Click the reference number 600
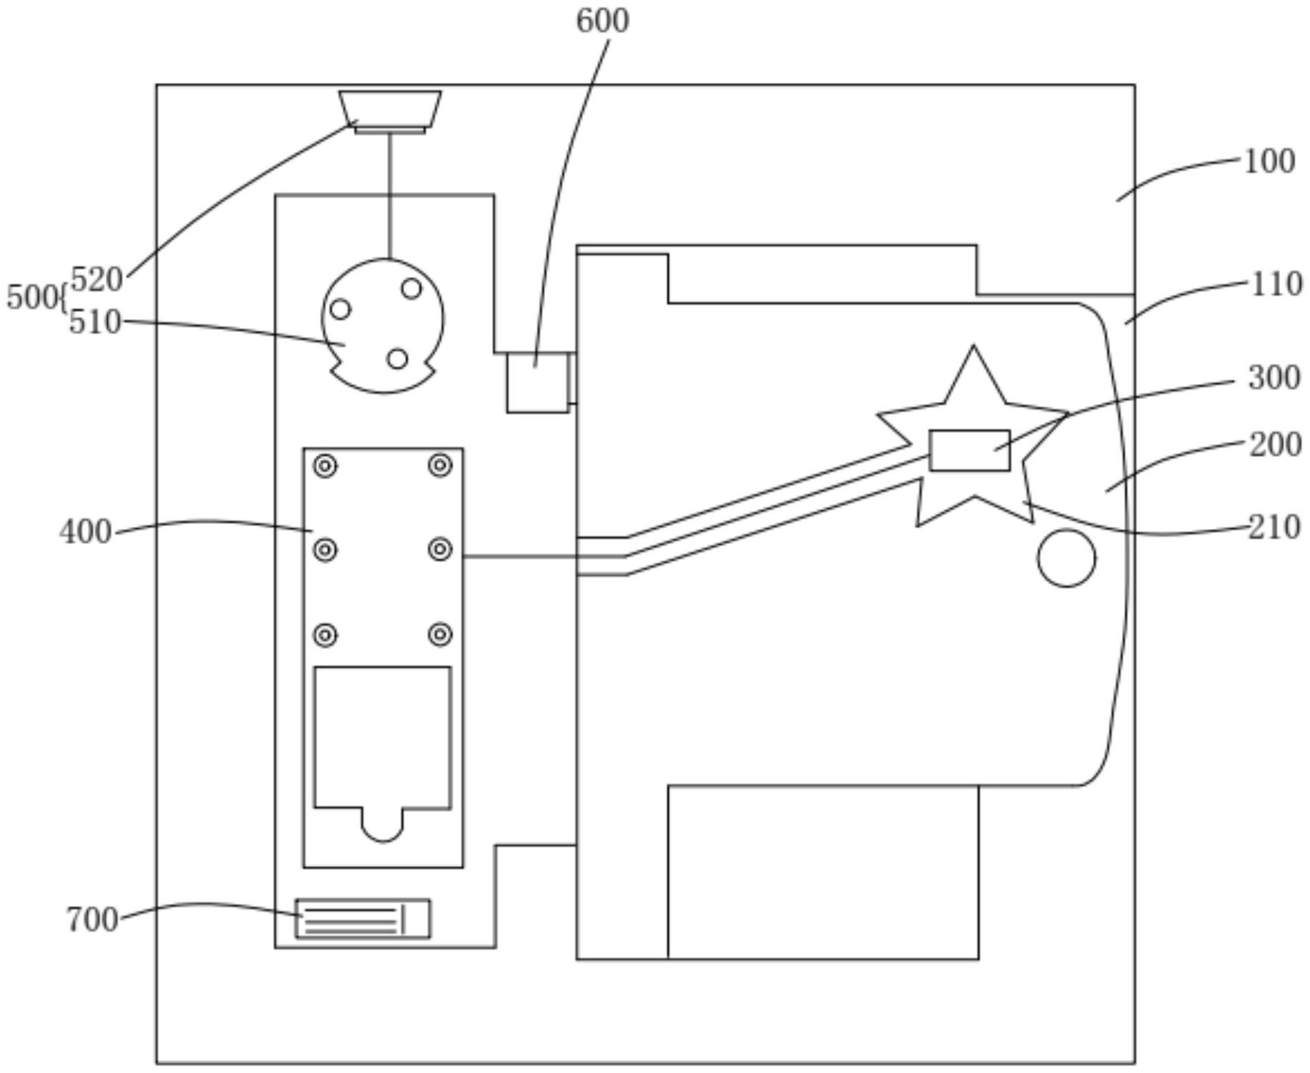click(x=602, y=21)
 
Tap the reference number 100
click(x=1269, y=161)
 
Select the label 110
click(x=1276, y=284)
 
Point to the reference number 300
click(x=1274, y=378)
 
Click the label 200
click(x=1274, y=445)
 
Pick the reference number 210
click(x=1274, y=528)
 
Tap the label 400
click(x=85, y=532)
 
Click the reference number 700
click(x=91, y=920)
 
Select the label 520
click(x=96, y=279)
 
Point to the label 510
click(x=95, y=323)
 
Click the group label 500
click(x=31, y=297)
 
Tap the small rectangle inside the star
click(x=969, y=450)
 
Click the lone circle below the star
click(x=1066, y=558)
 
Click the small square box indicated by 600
click(x=537, y=383)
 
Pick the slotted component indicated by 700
click(x=363, y=919)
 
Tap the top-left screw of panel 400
click(x=326, y=466)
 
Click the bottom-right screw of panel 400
click(x=440, y=634)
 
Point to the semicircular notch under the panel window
click(x=382, y=827)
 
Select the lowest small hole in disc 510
click(x=397, y=358)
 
